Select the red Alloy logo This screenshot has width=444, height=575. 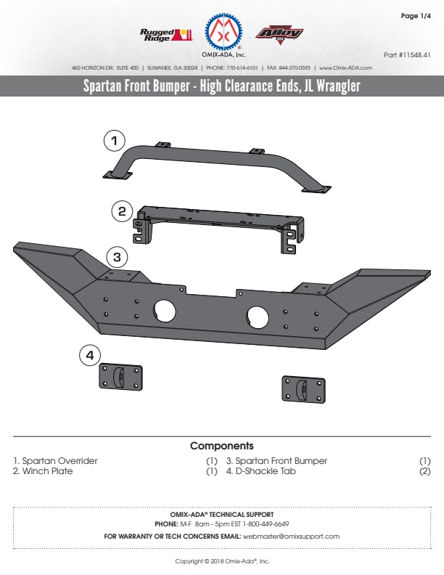click(279, 33)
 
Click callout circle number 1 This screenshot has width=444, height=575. click(115, 139)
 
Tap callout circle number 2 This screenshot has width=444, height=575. click(122, 212)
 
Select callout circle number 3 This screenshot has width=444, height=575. click(118, 256)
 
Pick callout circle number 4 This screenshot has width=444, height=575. click(89, 355)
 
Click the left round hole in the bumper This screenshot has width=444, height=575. click(165, 311)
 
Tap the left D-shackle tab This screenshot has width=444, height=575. click(120, 377)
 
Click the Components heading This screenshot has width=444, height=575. click(221, 446)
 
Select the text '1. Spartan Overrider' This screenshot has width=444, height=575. click(55, 461)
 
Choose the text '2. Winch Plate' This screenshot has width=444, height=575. click(43, 471)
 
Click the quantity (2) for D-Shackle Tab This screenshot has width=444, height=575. click(424, 471)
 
